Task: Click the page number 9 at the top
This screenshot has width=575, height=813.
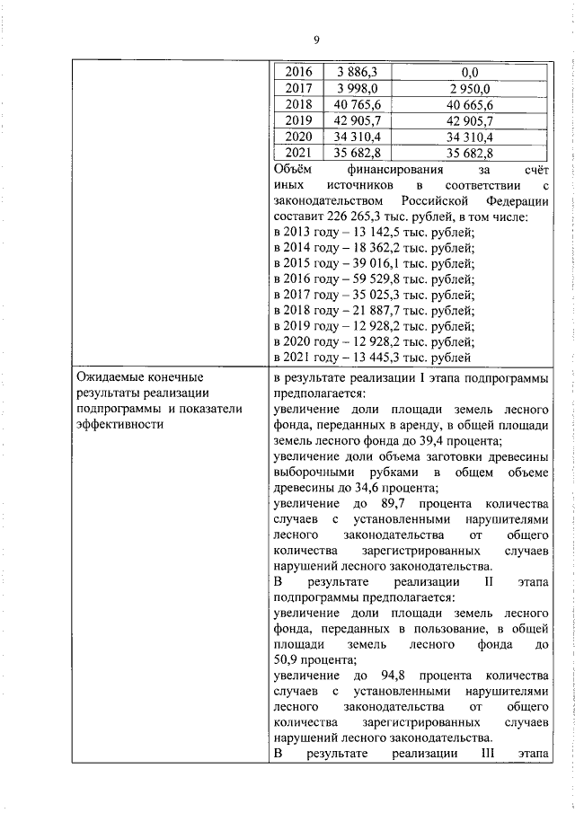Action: point(316,39)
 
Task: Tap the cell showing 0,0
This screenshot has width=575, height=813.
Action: point(468,72)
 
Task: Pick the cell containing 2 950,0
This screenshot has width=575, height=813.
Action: point(468,88)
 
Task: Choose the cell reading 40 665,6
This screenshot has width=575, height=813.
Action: point(468,104)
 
